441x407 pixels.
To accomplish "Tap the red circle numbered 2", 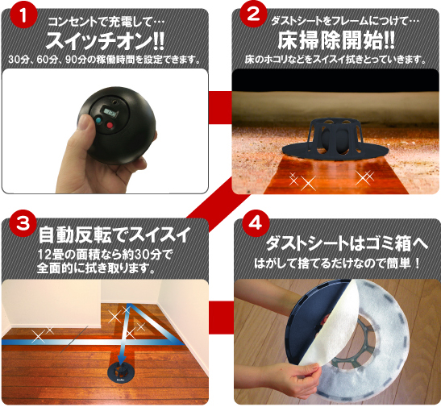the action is pyautogui.click(x=253, y=14).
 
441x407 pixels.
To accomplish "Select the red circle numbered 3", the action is pyautogui.click(x=23, y=224).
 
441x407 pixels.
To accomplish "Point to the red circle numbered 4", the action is pyautogui.click(x=256, y=224).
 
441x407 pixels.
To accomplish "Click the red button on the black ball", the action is pyautogui.click(x=110, y=124).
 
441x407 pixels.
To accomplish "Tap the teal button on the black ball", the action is pyautogui.click(x=98, y=121).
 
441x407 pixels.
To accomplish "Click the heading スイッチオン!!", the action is pyautogui.click(x=105, y=41).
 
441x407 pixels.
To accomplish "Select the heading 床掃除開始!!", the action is pyautogui.click(x=336, y=41).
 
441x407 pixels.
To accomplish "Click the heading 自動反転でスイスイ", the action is pyautogui.click(x=114, y=235).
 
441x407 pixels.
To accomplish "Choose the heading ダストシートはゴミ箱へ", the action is pyautogui.click(x=347, y=243).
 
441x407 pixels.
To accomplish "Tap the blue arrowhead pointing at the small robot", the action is pyautogui.click(x=122, y=358).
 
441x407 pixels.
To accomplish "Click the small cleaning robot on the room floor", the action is pyautogui.click(x=121, y=374).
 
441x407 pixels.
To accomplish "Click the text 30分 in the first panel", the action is pyautogui.click(x=18, y=60).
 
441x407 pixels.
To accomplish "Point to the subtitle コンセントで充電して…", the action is pyautogui.click(x=106, y=22).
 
